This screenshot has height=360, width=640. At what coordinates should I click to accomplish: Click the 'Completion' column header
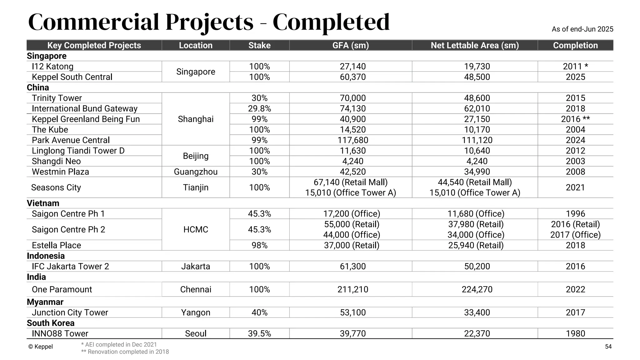point(575,45)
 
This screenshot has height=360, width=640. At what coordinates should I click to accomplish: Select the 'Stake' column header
point(259,45)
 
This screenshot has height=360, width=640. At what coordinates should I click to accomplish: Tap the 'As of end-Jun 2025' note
point(582,29)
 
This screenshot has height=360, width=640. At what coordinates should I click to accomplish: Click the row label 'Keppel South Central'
point(72,77)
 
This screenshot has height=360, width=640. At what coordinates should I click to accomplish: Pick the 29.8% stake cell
point(259,108)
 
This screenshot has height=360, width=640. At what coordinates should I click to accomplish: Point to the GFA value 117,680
point(352,140)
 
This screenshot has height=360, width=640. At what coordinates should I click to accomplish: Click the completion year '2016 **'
point(575,119)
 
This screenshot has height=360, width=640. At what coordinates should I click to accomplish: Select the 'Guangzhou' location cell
point(196,172)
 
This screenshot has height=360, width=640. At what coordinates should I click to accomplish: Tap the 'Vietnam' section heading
point(43,203)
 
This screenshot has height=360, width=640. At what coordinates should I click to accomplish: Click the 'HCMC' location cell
point(196,229)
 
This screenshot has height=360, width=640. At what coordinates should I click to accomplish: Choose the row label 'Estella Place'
point(56,245)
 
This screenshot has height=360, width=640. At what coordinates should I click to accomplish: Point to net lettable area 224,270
point(477,289)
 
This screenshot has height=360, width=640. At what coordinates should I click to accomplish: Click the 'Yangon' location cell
point(196,312)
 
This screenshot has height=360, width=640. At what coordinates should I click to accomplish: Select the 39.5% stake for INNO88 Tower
point(259,333)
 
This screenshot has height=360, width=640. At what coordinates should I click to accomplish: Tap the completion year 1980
point(575,333)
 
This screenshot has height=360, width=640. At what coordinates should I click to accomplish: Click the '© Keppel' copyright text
point(40,347)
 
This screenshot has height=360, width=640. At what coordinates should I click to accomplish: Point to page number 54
point(608,347)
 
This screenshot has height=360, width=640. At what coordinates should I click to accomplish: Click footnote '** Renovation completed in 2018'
point(125,352)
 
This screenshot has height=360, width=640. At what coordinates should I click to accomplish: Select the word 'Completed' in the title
point(331,22)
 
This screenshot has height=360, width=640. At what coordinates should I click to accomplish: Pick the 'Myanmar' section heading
point(45,302)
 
